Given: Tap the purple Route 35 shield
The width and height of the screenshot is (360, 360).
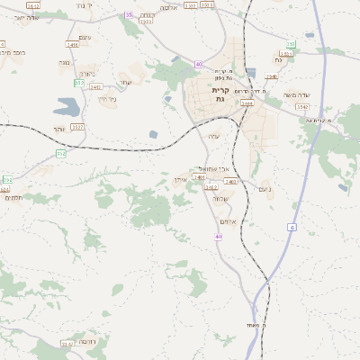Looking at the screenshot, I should tap(129, 15).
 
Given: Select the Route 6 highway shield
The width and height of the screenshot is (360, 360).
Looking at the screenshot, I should tap(292, 228).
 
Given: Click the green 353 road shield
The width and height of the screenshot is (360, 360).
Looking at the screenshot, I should tap(79, 84).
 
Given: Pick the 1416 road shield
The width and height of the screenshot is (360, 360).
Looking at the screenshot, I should tap(72, 44).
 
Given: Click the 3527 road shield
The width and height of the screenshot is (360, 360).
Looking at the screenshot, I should tap(77, 127).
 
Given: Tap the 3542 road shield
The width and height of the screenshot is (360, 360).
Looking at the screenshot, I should tap(302, 106).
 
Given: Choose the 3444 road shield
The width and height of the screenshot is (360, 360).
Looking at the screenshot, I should tap(247, 103).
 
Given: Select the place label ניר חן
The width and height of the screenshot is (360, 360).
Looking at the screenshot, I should tap(105, 99).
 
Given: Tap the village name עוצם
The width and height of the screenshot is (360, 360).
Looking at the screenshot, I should tap(85, 37).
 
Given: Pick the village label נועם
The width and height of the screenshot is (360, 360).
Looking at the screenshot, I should tap(264, 188).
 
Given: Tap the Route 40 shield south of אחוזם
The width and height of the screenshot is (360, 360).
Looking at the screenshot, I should tap(218, 237).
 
